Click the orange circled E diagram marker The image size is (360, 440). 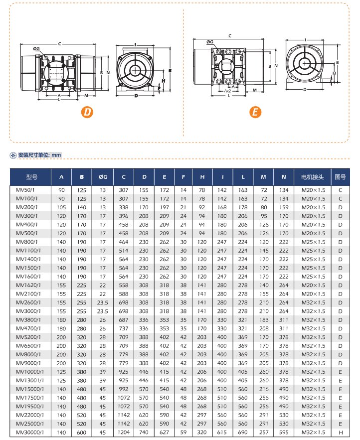pos(255,112)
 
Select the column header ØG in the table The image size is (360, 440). pos(103,177)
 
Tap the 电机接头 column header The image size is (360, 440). pos(312,177)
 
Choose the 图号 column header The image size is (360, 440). pos(340,177)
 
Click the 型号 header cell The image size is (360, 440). pos(31,177)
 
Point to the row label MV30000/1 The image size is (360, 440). pos(30,433)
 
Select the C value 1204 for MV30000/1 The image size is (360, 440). pos(123,433)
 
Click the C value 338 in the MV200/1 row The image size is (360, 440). pos(123,207)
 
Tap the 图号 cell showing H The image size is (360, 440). pos(340,433)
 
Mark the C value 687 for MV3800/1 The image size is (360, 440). pos(123,320)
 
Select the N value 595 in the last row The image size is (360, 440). pos(284,433)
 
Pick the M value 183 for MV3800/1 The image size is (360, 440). pos(263,320)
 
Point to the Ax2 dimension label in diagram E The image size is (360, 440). pos(227,91)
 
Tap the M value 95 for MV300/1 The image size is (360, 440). pos(263,216)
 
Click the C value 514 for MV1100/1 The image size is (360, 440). pos(123,251)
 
